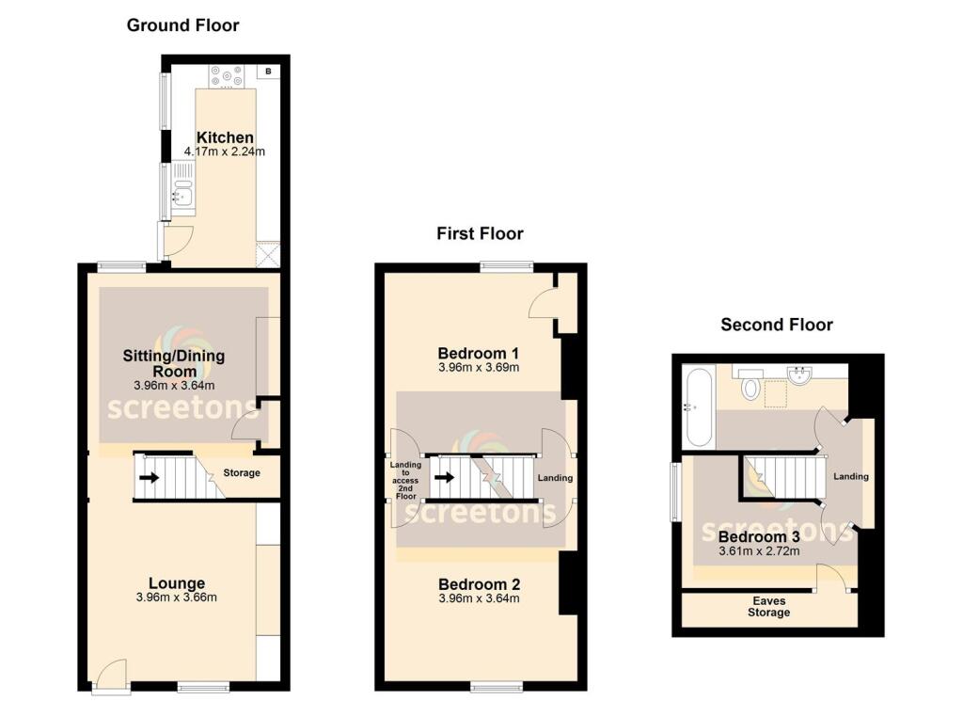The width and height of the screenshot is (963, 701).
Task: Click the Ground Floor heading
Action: click(x=183, y=26)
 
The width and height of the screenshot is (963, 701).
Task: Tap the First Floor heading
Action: click(x=480, y=233)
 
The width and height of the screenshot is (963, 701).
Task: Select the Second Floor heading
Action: click(x=777, y=325)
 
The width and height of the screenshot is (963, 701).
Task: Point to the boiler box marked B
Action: click(x=268, y=71)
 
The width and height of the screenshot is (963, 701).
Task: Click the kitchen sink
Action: click(x=182, y=197)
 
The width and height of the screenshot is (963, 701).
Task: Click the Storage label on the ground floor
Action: click(x=242, y=472)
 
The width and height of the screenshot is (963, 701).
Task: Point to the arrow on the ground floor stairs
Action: click(x=149, y=476)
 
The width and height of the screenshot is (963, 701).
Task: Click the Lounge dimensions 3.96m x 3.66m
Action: click(x=182, y=597)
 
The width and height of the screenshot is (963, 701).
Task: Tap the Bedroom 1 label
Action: click(x=479, y=354)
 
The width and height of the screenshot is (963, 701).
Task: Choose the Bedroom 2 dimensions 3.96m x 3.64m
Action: click(x=479, y=598)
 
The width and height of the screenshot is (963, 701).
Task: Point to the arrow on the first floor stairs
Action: click(x=446, y=476)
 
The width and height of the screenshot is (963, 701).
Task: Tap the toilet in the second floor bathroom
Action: click(x=751, y=386)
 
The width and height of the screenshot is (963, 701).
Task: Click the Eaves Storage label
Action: click(x=769, y=606)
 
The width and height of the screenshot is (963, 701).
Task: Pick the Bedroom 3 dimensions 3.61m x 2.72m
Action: click(x=759, y=551)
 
